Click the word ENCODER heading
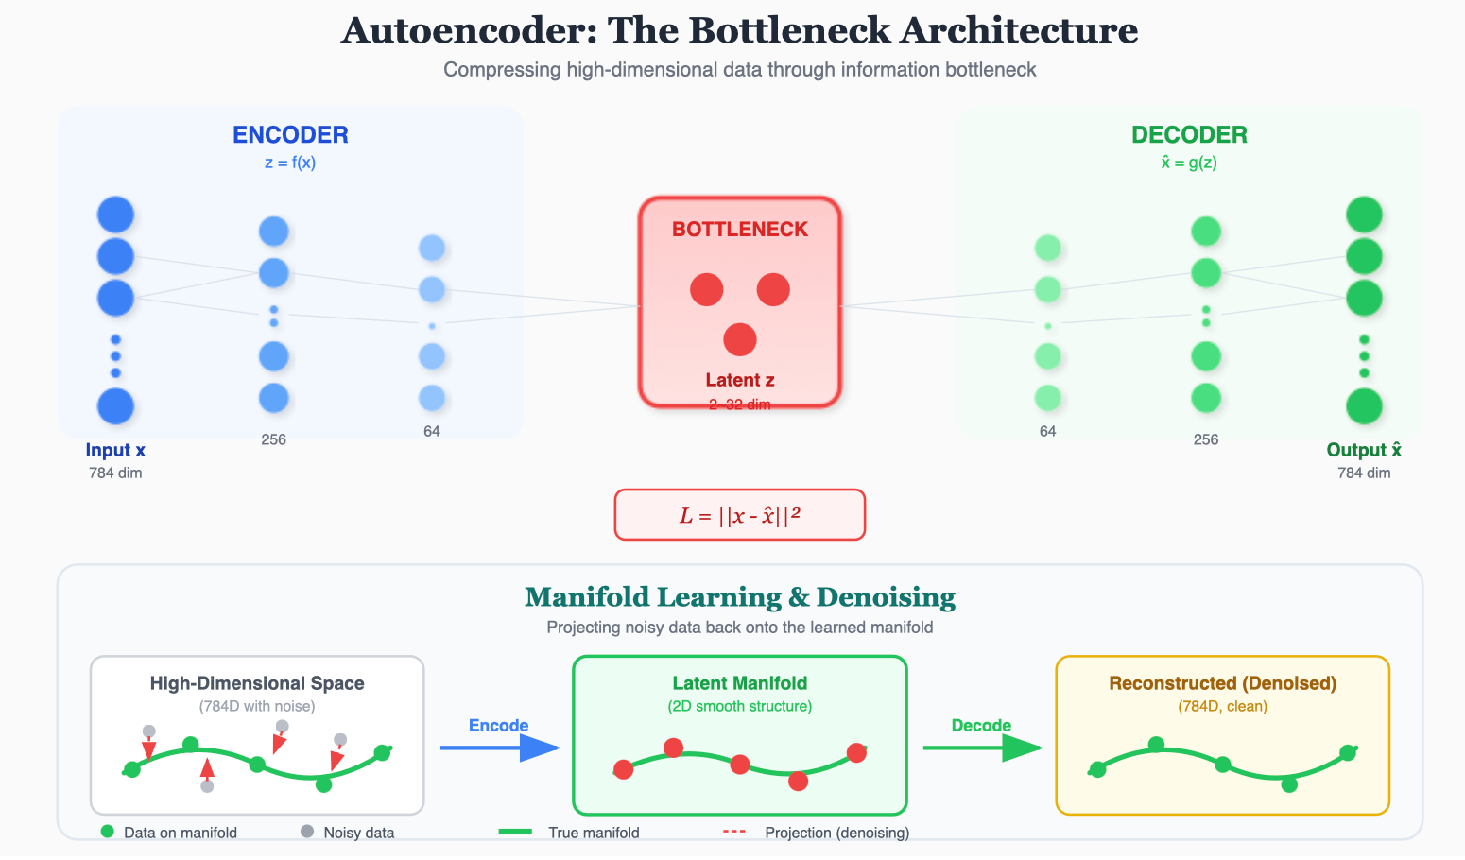290,135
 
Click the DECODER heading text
1189,135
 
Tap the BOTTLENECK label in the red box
740,230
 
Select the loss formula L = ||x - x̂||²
740,515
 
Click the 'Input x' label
115,451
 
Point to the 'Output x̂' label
1364,451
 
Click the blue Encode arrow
500,748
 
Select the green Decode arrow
982,748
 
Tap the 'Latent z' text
740,380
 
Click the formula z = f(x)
290,163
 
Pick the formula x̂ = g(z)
1189,163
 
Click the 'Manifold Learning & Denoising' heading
740,597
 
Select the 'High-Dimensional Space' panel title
257,683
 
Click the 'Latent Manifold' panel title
740,683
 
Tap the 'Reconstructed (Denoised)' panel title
1223,683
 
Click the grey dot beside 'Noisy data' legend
307,832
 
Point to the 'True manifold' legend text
594,833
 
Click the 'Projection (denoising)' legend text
837,833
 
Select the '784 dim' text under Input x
115,473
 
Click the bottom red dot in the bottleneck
740,339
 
